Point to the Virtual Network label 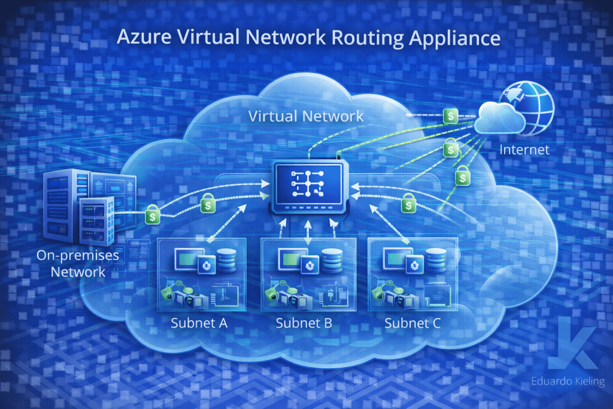click(306, 116)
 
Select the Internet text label click(524, 149)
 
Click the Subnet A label click(199, 324)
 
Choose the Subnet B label click(304, 324)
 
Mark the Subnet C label click(412, 324)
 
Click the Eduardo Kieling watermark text click(567, 381)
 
